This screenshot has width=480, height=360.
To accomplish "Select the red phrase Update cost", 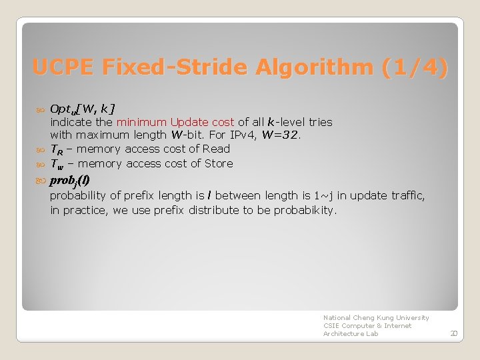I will (x=202, y=122).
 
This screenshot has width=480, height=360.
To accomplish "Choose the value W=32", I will (x=281, y=135).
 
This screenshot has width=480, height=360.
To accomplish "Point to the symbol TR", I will (x=57, y=149).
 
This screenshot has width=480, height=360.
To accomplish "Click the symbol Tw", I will (x=57, y=164).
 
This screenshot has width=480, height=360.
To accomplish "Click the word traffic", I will (x=408, y=195).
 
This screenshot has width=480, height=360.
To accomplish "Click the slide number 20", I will (x=453, y=333).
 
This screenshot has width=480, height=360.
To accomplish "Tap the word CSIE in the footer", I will (x=331, y=326).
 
